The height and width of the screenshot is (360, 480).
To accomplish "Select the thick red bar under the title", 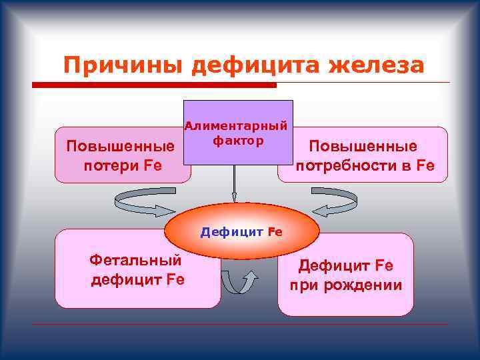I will pyautogui.click(x=154, y=85).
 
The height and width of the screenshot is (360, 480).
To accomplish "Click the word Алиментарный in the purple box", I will pyautogui.click(x=236, y=125).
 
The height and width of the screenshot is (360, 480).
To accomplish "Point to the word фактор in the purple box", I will pyautogui.click(x=238, y=141).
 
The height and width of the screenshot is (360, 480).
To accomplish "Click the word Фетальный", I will pyautogui.click(x=135, y=261).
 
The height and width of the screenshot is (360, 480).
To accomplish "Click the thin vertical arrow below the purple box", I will pyautogui.click(x=234, y=183).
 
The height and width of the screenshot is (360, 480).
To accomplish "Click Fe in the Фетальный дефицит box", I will pyautogui.click(x=175, y=279).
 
